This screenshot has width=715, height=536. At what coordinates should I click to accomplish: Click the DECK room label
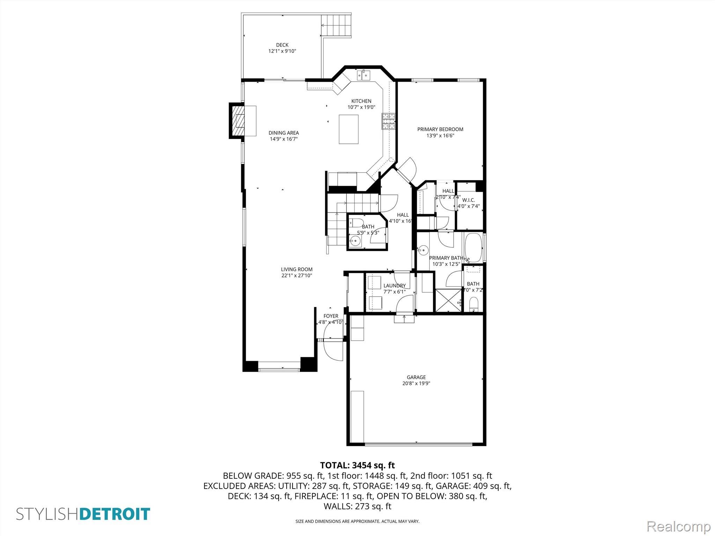(282, 45)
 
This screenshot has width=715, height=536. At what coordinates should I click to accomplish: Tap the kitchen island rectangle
(348, 129)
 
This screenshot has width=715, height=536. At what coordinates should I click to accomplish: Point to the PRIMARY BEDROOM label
(440, 129)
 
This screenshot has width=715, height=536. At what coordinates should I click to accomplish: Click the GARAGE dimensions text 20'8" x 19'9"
(416, 384)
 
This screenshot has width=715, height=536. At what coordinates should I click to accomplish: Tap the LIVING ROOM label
(297, 269)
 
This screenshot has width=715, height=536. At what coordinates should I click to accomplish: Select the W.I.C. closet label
(469, 200)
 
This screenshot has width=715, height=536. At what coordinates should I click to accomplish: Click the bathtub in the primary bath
(473, 247)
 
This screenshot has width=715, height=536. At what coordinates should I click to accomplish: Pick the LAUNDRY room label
(395, 285)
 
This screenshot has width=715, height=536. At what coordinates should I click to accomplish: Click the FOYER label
(331, 316)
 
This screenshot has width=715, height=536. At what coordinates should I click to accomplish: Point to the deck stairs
(336, 25)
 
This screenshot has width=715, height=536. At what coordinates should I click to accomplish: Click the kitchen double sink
(363, 75)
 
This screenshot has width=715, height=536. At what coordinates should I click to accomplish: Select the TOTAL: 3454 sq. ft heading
(357, 465)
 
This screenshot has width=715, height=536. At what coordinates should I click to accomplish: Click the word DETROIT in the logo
(115, 514)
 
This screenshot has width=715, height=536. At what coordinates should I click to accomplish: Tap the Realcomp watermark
(679, 526)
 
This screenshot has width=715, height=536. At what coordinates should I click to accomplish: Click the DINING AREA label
(283, 133)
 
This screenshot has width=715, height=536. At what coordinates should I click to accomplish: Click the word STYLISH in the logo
(48, 514)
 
